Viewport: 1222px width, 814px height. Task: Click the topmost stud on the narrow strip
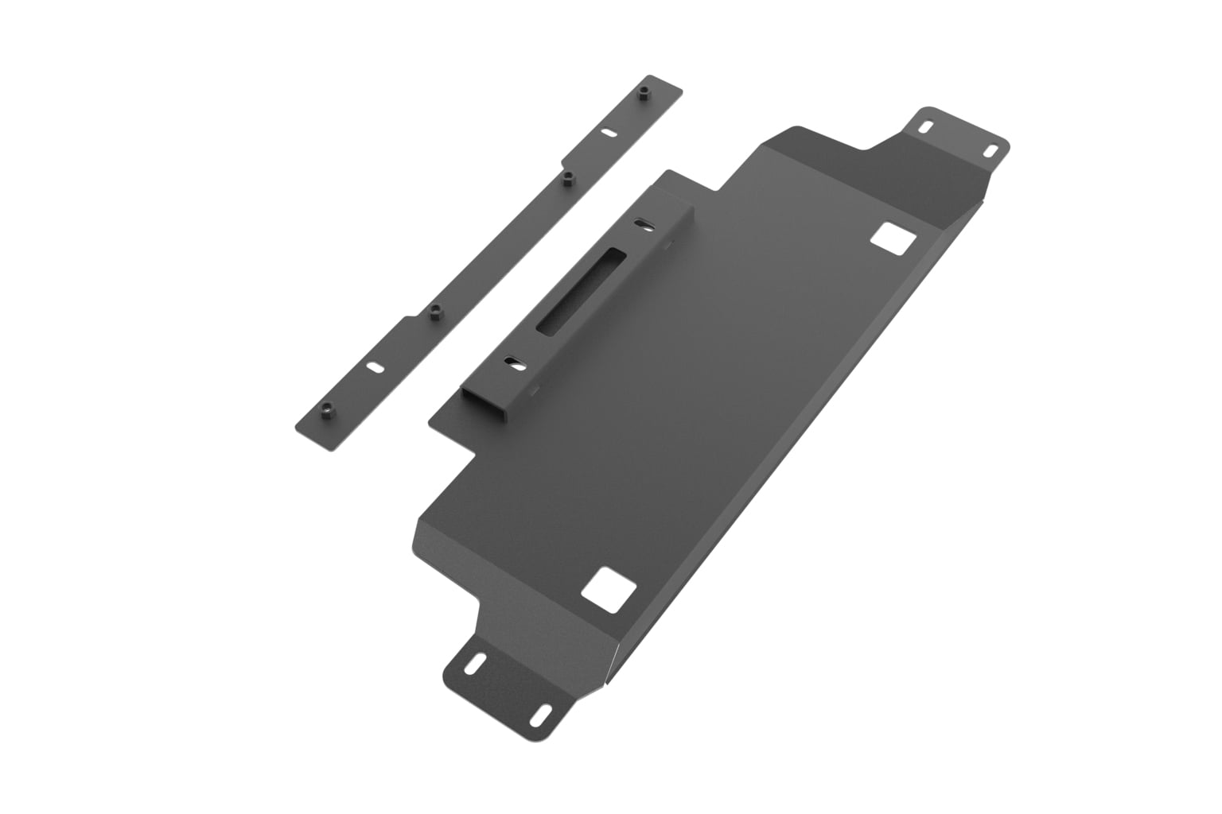[x=643, y=94]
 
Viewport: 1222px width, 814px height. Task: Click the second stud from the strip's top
[x=567, y=180]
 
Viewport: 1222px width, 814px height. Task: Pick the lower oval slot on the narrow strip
[x=373, y=367]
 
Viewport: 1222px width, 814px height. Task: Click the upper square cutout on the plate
[x=892, y=238]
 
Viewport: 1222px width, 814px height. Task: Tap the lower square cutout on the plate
[x=609, y=589]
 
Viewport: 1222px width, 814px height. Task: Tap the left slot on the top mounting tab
[x=926, y=126]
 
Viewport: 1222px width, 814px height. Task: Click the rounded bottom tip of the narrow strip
[x=329, y=447]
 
